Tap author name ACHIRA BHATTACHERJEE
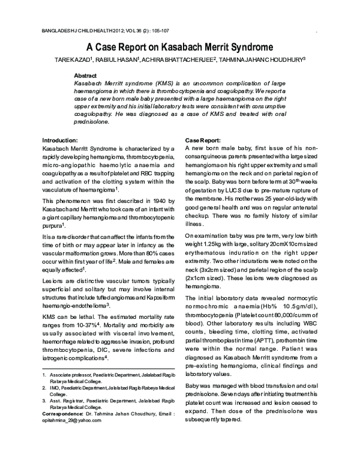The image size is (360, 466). click(185, 59)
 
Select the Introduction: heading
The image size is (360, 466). click(61, 139)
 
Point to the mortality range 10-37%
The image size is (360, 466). click(88, 325)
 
